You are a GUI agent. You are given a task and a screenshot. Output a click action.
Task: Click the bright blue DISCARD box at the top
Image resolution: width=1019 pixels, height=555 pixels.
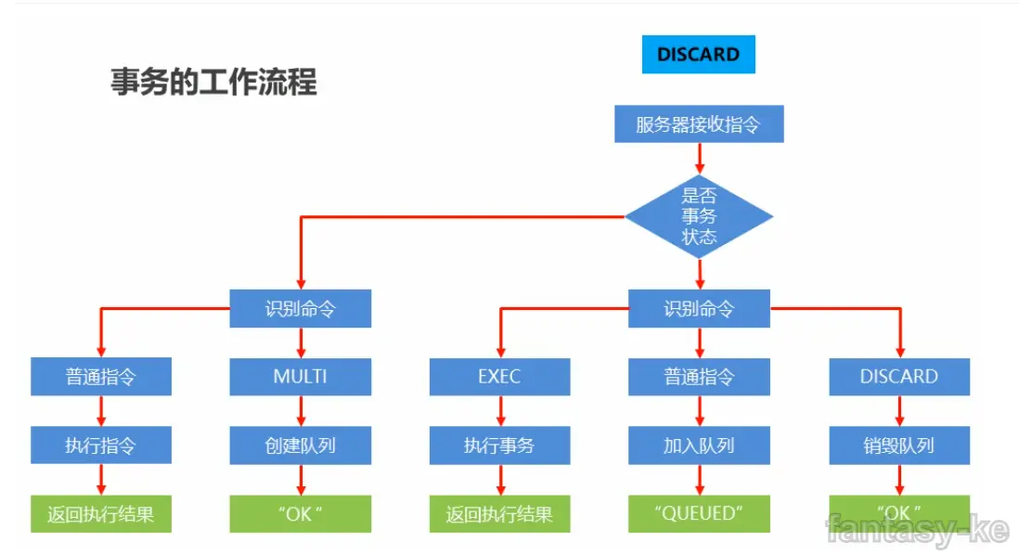(x=698, y=55)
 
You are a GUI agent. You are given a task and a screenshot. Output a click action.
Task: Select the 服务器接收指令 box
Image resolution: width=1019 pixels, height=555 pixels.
(x=698, y=124)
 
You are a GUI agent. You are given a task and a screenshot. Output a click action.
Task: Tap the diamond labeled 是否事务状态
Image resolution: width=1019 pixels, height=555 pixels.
(x=698, y=216)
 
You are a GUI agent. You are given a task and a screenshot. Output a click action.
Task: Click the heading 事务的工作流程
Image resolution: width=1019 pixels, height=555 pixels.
(x=213, y=83)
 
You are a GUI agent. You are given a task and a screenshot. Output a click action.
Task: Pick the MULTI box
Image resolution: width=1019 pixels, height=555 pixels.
(x=300, y=377)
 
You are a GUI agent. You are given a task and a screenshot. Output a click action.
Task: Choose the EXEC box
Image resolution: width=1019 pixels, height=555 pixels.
(x=499, y=377)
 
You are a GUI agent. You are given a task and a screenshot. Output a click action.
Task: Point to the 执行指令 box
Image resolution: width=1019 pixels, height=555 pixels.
(x=100, y=445)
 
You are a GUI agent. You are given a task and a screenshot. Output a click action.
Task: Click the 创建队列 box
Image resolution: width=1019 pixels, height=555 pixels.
(x=300, y=445)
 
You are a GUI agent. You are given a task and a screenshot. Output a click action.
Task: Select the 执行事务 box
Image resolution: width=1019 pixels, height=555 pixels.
(x=499, y=445)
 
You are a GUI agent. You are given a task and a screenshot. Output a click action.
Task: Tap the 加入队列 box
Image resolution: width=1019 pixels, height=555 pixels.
(x=698, y=445)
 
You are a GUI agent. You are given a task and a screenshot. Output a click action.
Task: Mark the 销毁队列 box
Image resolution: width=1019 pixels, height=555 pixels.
(x=898, y=445)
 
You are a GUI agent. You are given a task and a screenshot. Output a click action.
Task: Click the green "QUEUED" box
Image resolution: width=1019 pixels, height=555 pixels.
(x=698, y=513)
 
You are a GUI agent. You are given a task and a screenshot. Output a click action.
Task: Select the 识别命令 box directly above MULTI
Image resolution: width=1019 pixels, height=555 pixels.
(x=300, y=309)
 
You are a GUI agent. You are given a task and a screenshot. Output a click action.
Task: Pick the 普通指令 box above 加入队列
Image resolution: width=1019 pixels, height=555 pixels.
(x=698, y=377)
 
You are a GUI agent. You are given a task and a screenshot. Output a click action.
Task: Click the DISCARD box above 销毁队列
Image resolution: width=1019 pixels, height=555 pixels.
(x=898, y=377)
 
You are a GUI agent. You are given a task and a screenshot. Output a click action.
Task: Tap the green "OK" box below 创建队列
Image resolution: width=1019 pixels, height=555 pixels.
(x=300, y=513)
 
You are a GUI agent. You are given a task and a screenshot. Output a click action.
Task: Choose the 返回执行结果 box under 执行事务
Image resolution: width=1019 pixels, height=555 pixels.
(x=499, y=513)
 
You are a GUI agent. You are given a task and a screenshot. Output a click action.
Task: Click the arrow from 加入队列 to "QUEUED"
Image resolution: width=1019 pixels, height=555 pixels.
(x=699, y=480)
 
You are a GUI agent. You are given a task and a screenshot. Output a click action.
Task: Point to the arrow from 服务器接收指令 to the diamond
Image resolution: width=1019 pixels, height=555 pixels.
(x=699, y=159)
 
